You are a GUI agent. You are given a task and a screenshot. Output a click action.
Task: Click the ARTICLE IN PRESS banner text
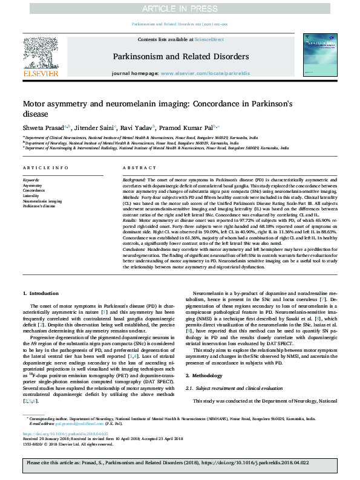coord(180,8)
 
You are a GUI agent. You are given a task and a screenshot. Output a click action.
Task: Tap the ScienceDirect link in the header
coord(209,39)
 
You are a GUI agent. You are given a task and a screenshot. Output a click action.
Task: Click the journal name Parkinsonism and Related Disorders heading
coord(180,56)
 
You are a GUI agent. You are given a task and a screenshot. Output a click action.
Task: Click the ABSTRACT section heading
coord(135,167)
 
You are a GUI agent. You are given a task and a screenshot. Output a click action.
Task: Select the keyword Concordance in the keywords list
coord(33,190)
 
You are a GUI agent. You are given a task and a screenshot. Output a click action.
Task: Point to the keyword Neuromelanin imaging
coord(42,201)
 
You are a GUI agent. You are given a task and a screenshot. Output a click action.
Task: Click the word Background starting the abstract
coord(134,180)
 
